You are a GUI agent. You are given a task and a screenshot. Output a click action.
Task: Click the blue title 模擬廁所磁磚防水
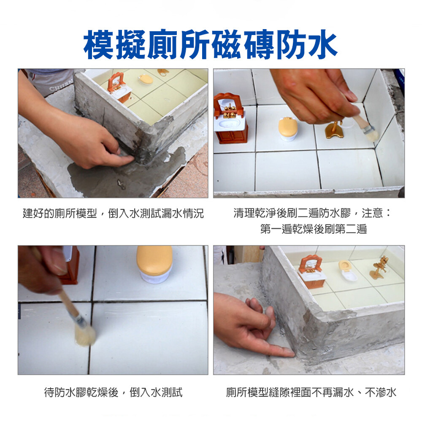click(x=211, y=44)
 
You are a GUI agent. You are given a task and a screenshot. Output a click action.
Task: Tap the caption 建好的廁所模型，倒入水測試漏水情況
click(x=113, y=214)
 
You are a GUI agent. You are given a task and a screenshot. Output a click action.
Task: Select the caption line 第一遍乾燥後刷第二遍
click(x=314, y=229)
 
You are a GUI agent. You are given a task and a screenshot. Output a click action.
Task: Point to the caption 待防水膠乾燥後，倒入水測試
click(x=113, y=392)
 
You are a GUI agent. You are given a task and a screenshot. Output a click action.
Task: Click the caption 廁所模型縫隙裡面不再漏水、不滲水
click(x=311, y=392)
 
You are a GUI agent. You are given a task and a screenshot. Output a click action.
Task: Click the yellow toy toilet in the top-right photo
click(x=288, y=129)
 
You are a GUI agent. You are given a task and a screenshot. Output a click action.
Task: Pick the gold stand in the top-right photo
click(x=334, y=130)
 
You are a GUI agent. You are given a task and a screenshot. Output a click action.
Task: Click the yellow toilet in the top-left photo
click(x=146, y=79)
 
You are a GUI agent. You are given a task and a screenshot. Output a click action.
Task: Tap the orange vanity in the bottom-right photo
click(x=312, y=271)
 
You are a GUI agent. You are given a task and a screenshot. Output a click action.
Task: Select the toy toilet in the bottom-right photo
click(x=347, y=270)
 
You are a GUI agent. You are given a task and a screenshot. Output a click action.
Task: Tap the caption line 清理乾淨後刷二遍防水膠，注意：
click(x=312, y=213)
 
